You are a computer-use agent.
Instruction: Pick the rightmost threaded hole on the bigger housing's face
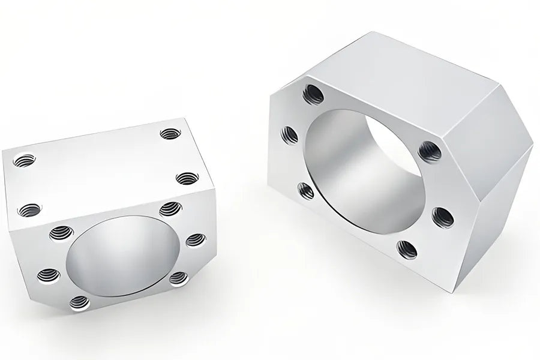click(442, 217)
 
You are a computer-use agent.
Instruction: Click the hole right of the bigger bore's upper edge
click(430, 151)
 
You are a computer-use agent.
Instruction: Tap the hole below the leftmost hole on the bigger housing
click(306, 191)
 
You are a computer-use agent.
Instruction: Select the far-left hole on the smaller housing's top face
click(24, 160)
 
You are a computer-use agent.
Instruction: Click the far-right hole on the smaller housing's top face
click(170, 134)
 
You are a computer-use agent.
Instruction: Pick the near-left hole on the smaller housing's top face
click(30, 210)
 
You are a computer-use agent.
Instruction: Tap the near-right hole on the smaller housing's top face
click(188, 178)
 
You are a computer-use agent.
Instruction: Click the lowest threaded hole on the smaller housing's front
click(79, 303)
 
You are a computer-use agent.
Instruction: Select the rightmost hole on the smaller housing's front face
click(196, 240)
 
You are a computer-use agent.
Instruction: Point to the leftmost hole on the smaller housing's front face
click(49, 275)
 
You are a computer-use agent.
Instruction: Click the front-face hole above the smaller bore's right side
click(170, 209)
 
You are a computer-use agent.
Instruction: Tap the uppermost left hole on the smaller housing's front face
click(61, 233)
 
